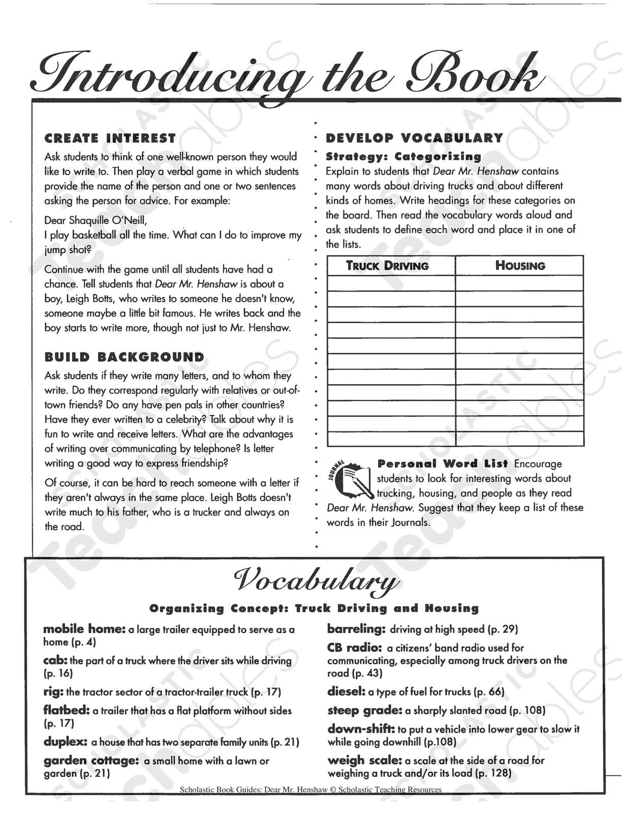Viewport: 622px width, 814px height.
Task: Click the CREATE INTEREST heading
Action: pos(110,138)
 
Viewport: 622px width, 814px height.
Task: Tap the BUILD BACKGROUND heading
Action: pos(125,357)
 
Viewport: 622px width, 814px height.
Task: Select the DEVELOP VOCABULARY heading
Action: pos(414,138)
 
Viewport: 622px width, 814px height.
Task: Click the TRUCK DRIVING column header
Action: pos(387,266)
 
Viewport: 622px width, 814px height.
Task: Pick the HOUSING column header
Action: pos(520,266)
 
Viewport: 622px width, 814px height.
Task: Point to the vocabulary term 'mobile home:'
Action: pos(84,629)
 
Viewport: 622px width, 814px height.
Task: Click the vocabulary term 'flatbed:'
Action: pos(67,710)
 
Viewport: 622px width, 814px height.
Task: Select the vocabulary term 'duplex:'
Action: pos(66,742)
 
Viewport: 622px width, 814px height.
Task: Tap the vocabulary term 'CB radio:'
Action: pos(354,648)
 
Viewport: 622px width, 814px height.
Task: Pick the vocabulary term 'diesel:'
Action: pos(347,691)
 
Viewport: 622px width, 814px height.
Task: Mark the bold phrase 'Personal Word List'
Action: pos(443,463)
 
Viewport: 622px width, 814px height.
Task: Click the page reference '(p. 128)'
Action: pos(492,774)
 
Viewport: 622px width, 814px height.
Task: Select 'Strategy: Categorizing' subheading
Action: pos(403,156)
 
